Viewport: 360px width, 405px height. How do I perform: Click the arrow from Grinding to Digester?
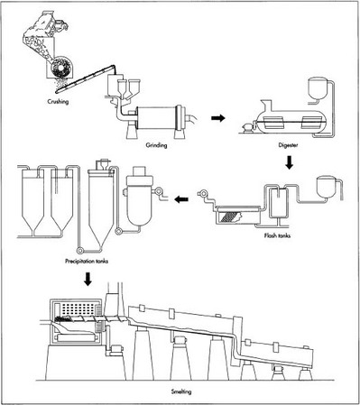pyautogui.click(x=217, y=117)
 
